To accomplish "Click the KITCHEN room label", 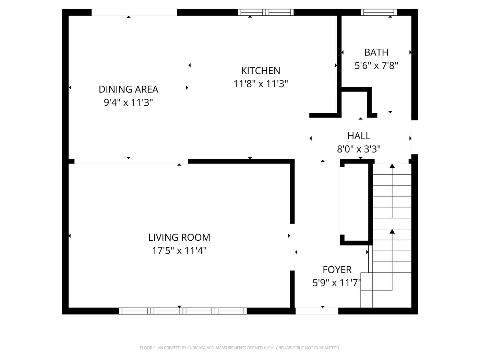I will pos(261,71).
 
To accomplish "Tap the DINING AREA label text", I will pos(128,89).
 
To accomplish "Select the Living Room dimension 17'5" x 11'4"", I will pos(179,251).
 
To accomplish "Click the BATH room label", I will pos(376,52).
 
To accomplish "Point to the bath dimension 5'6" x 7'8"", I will pos(376,65).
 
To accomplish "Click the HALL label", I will pos(359,136).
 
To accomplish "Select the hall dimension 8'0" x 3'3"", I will pos(359,149).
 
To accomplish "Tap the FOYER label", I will pos(337,269).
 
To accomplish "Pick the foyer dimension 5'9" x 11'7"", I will pos(337,283).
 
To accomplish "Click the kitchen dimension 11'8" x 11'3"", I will pos(261,84).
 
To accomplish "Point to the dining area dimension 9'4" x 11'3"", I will pos(128,102).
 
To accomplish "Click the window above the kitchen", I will pos(266,12).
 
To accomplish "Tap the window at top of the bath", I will pos(379,12).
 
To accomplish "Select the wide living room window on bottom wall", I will pos(183,311).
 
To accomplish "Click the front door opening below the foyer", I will pos(316,311).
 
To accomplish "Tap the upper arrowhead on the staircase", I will pos(392,166).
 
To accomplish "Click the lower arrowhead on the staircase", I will pos(392,231).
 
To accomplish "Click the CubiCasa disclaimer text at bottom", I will pos(240,348).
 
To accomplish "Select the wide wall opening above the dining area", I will pos(134,12).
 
